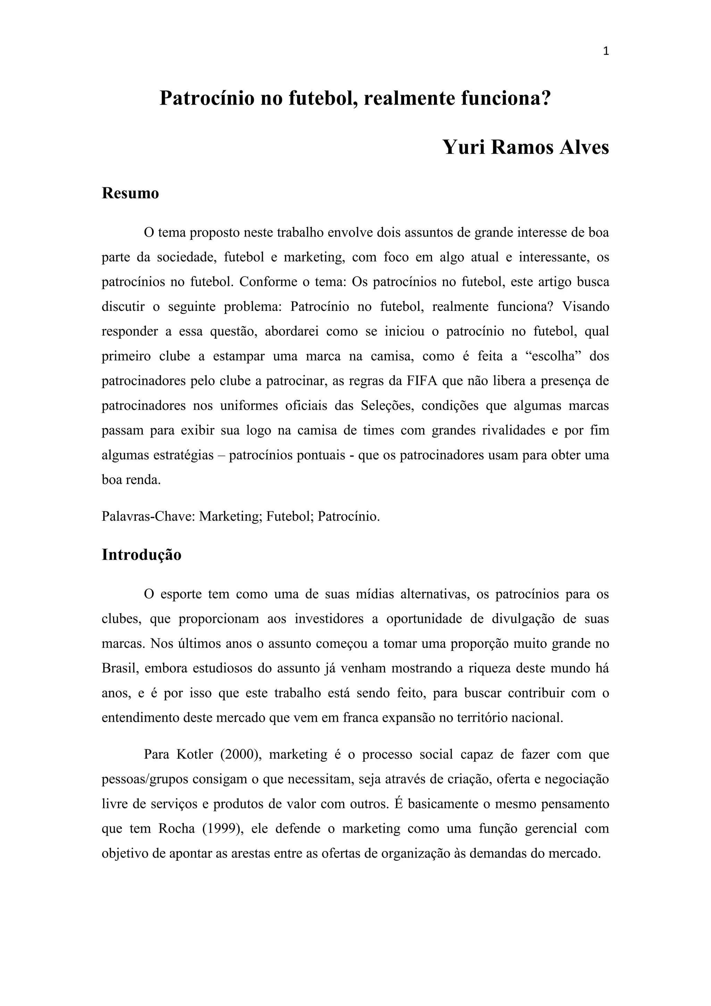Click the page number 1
click(x=606, y=52)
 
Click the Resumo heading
click(x=130, y=193)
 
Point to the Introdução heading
click(x=141, y=555)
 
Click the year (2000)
click(x=240, y=754)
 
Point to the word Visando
click(x=585, y=307)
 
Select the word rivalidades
click(x=513, y=431)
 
